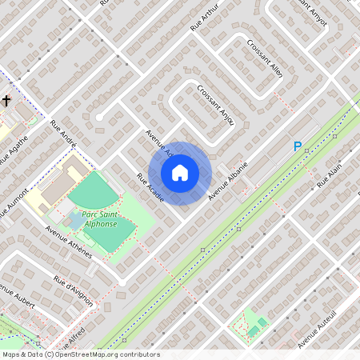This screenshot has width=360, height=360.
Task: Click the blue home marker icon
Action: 180,172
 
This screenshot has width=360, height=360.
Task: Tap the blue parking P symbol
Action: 297,147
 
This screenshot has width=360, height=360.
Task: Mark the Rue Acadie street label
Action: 150,187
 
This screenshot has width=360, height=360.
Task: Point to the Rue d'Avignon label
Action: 74,291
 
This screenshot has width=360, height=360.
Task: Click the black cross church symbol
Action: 6,101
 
